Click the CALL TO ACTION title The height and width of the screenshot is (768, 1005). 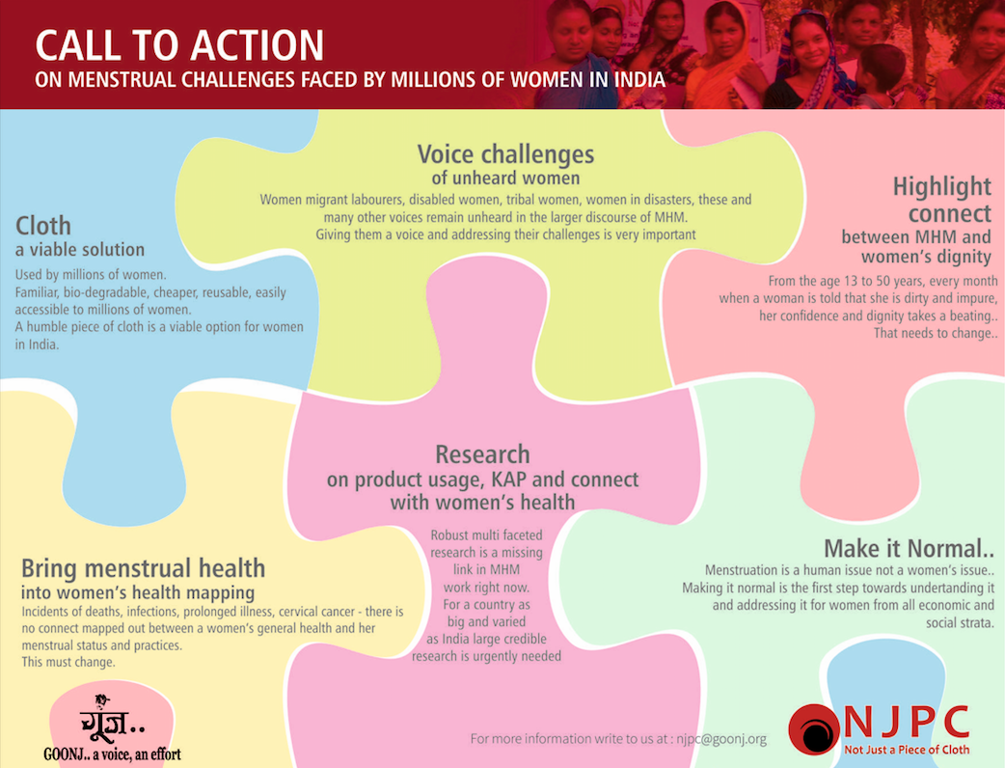pyautogui.click(x=179, y=45)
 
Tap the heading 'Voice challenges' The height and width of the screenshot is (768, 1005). pyautogui.click(x=505, y=154)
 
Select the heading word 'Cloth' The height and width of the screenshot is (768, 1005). pyautogui.click(x=43, y=226)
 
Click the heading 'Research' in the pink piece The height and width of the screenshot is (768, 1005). pyautogui.click(x=482, y=453)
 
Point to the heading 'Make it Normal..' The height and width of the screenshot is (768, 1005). pyautogui.click(x=909, y=549)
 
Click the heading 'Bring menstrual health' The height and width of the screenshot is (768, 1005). pyautogui.click(x=143, y=568)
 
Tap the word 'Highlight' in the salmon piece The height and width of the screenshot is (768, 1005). pyautogui.click(x=942, y=186)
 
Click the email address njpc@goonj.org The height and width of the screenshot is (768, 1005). pyautogui.click(x=721, y=739)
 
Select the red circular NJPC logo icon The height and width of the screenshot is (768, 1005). pyautogui.click(x=814, y=728)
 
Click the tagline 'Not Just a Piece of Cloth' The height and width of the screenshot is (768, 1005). pyautogui.click(x=907, y=750)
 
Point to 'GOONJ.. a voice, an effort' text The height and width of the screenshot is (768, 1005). pyautogui.click(x=112, y=754)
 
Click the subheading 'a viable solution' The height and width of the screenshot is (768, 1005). pyautogui.click(x=80, y=249)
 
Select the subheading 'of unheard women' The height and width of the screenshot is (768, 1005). pyautogui.click(x=505, y=178)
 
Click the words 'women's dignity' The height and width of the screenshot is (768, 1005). pyautogui.click(x=926, y=257)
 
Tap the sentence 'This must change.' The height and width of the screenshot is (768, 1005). pyautogui.click(x=68, y=662)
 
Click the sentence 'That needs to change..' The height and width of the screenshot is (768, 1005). pyautogui.click(x=936, y=334)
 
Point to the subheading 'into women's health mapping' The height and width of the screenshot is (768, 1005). pyautogui.click(x=138, y=592)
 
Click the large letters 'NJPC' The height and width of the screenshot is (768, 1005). pyautogui.click(x=907, y=723)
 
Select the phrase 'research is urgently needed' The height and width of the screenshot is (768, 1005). pyautogui.click(x=486, y=656)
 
